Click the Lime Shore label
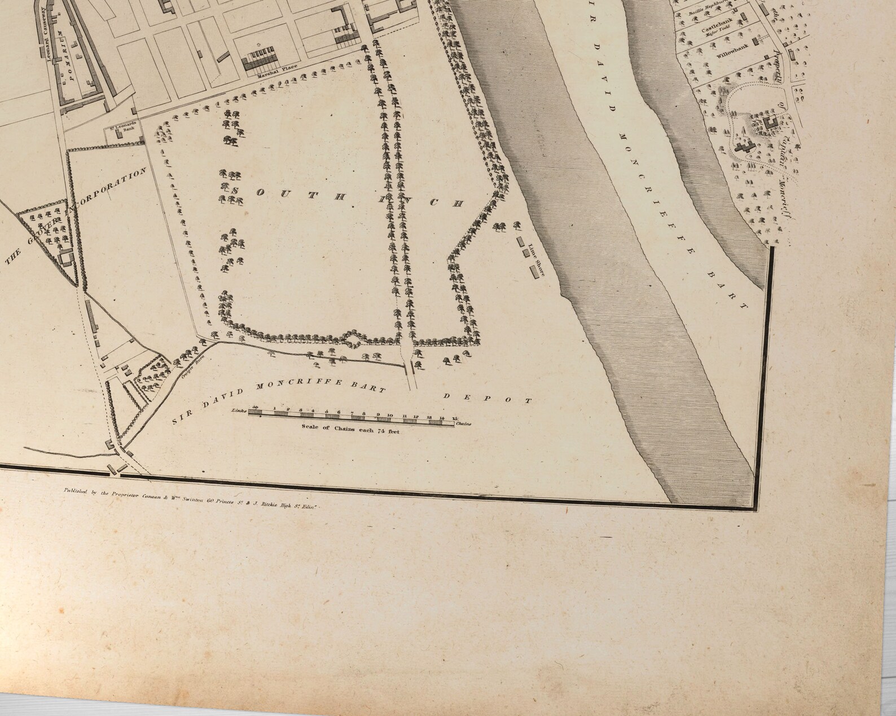[x=537, y=260]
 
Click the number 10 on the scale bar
[x=389, y=416]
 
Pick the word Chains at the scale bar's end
[x=463, y=423]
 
